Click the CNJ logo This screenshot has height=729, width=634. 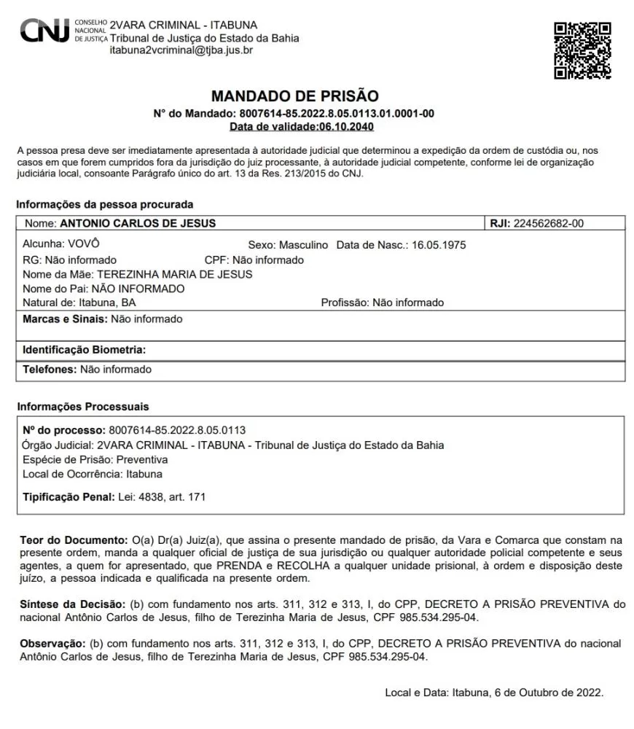click(44, 31)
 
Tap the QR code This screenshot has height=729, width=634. click(582, 50)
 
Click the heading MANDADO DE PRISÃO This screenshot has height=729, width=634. click(294, 96)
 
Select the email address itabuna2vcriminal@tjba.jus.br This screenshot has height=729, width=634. click(181, 51)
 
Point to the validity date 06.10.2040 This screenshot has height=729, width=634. click(346, 127)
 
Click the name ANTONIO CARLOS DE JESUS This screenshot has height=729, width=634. click(138, 224)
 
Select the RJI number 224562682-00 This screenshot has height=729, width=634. click(549, 224)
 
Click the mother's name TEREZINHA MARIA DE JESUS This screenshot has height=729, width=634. click(175, 274)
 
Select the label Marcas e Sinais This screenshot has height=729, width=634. click(65, 319)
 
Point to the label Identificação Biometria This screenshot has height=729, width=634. click(84, 350)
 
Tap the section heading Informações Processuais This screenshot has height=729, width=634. click(82, 407)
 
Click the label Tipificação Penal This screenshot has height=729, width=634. click(69, 497)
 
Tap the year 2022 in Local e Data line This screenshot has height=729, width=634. click(588, 693)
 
